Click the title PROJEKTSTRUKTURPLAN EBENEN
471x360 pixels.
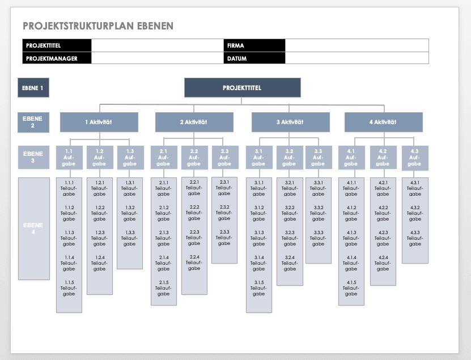(x=98, y=26)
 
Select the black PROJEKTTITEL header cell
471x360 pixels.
(x=57, y=45)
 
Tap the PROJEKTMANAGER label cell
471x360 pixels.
(x=57, y=58)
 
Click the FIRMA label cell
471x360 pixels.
(x=254, y=45)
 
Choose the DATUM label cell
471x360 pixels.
(x=254, y=58)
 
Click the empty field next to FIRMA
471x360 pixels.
(x=357, y=45)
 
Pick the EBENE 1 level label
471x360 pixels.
(x=33, y=88)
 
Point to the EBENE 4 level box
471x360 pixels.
(x=33, y=228)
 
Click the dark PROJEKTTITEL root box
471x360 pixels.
(x=242, y=88)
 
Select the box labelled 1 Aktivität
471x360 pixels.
(x=99, y=122)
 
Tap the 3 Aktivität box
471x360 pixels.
(x=290, y=122)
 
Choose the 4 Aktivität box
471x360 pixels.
(x=384, y=122)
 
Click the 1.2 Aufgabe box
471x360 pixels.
(x=100, y=158)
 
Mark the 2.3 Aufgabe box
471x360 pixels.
(x=224, y=158)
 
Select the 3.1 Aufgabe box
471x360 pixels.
(x=258, y=158)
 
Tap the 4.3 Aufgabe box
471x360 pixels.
(x=415, y=158)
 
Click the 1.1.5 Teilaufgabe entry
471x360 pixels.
(x=69, y=288)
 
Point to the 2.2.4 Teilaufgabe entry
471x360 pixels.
(x=194, y=262)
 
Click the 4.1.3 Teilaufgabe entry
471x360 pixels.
(x=351, y=238)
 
